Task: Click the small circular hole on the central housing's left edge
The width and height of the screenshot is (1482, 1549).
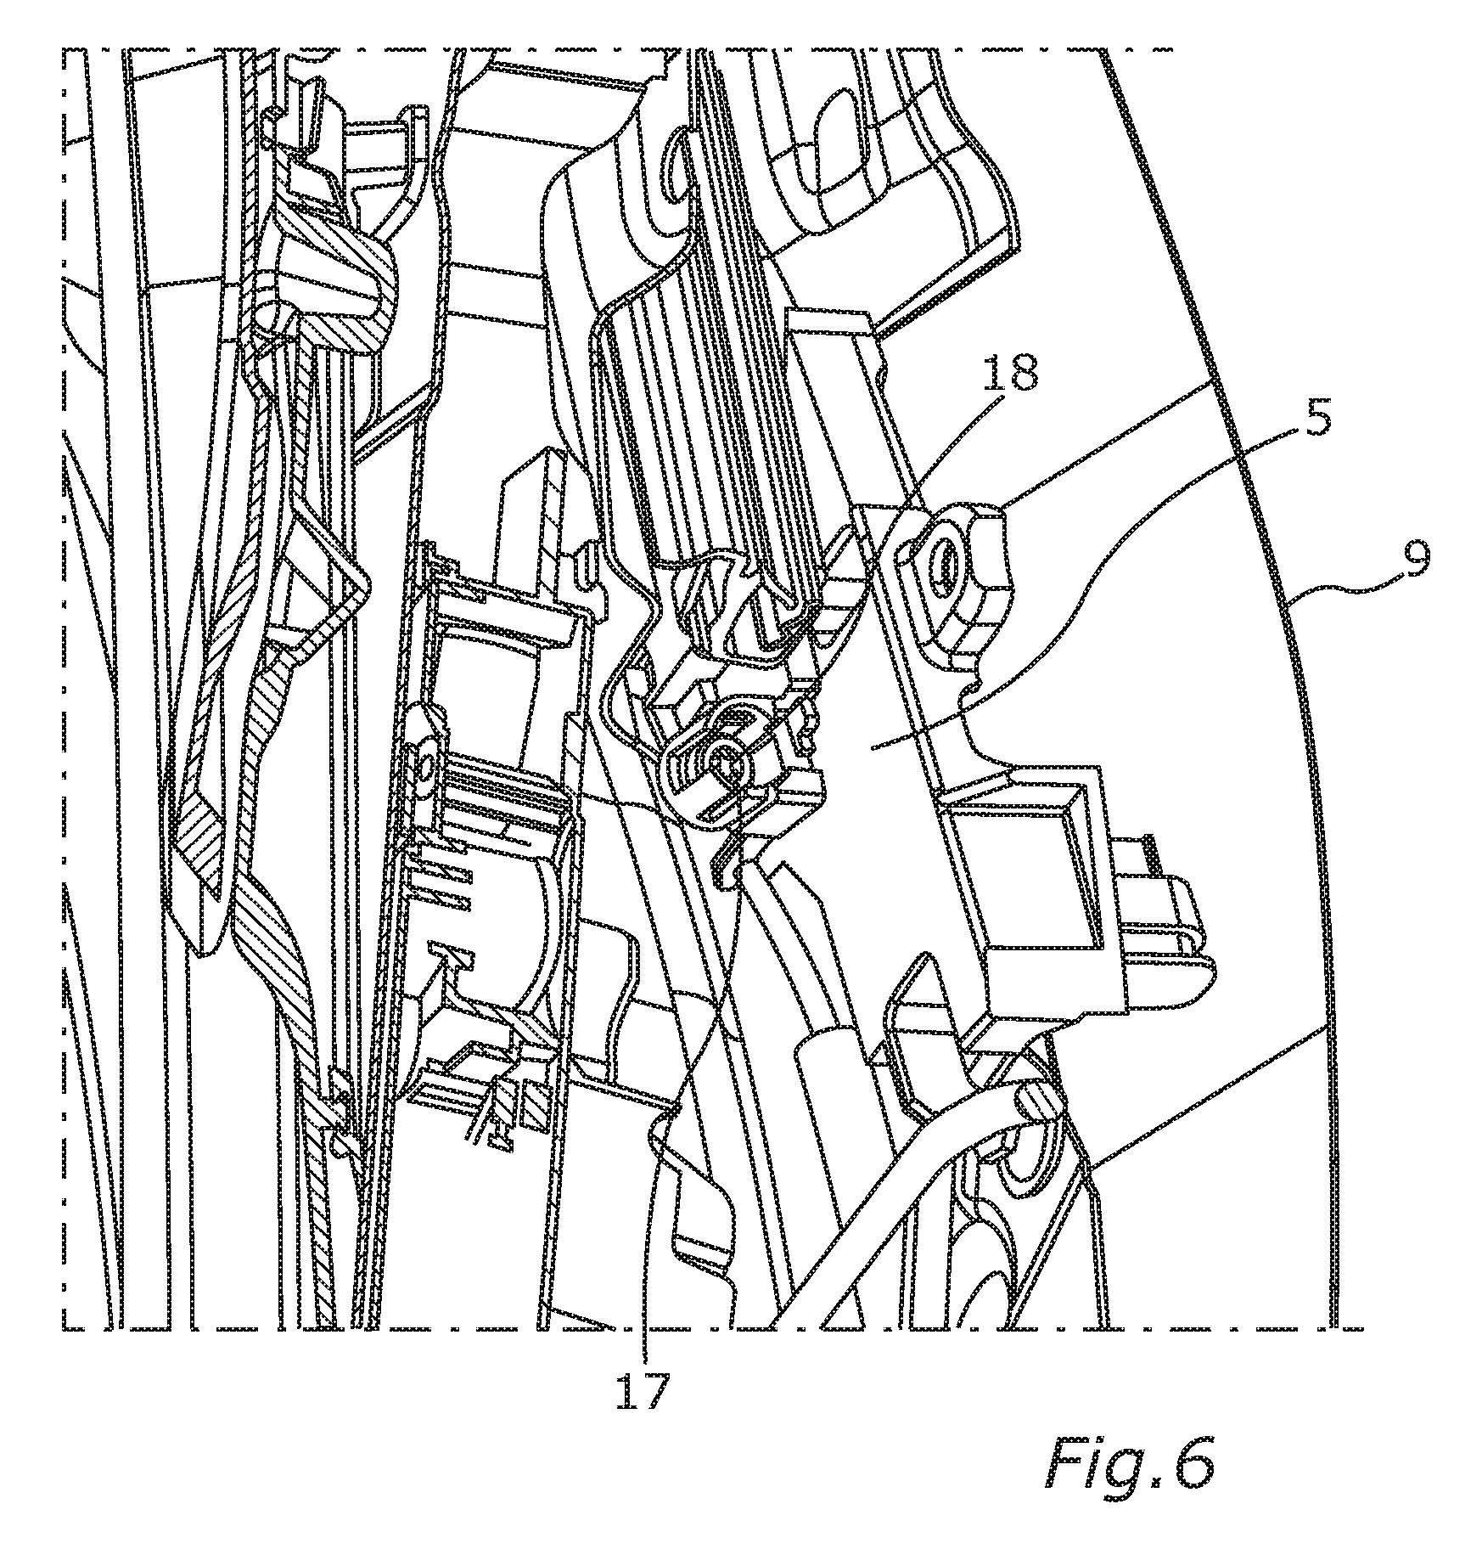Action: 422,770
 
